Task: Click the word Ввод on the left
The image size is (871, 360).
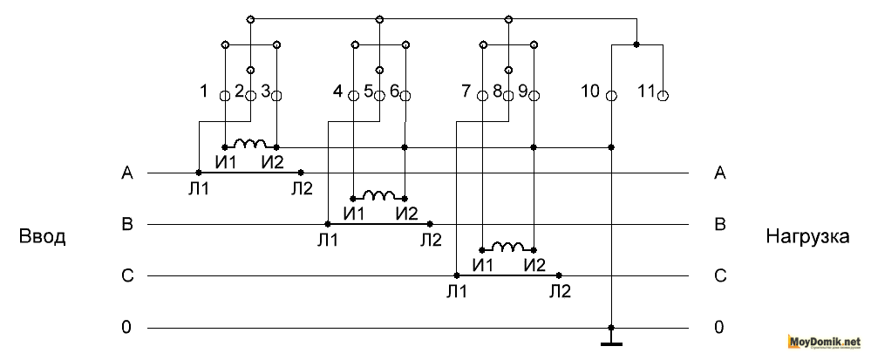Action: [42, 237]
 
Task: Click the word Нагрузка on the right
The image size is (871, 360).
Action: [806, 237]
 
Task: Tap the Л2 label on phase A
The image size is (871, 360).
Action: [302, 189]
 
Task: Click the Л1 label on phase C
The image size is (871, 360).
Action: [456, 292]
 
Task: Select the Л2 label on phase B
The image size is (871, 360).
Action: [431, 240]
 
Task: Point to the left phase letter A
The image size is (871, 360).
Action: [127, 173]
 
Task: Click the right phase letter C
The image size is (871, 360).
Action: [719, 276]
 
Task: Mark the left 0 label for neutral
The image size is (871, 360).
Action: [127, 328]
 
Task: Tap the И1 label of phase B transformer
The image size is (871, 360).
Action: [356, 213]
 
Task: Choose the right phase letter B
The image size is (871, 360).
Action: [719, 225]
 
